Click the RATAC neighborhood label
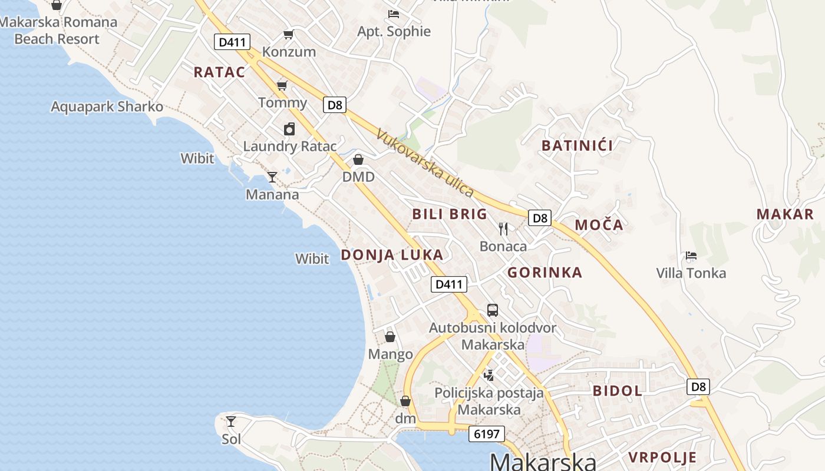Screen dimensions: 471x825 219,72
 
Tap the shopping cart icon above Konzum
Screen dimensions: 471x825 288,34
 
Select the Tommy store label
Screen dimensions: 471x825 283,102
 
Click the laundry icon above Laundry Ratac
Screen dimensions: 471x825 289,129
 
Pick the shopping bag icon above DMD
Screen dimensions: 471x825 358,160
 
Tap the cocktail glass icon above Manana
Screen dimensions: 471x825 272,177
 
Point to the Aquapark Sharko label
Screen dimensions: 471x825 107,107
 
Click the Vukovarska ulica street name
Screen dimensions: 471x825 425,163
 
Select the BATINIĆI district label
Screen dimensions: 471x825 577,145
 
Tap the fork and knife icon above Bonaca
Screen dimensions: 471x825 503,228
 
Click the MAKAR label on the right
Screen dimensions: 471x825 785,214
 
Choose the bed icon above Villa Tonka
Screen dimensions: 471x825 691,256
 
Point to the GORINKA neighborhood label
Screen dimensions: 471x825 544,273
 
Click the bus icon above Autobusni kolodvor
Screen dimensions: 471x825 493,310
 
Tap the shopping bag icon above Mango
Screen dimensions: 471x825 390,337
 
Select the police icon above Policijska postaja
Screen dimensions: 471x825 489,374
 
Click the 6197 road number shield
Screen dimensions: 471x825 487,434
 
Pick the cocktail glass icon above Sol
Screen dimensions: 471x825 231,422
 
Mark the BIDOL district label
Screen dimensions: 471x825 618,390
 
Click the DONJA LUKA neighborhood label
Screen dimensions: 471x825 392,255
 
